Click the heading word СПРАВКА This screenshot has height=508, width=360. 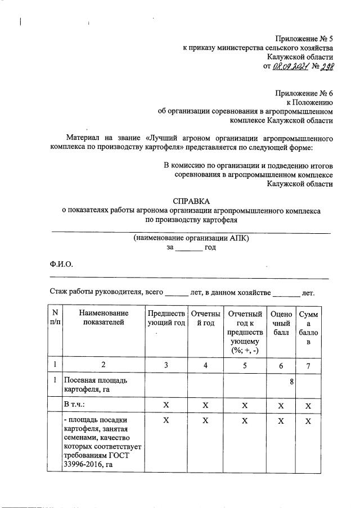click(191, 201)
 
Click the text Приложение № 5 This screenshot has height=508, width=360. click(304, 39)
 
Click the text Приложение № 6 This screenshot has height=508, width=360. click(304, 93)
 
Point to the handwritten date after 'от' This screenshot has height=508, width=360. click(291, 66)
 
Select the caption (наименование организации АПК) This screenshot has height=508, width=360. click(191, 238)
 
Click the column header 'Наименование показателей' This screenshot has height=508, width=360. click(103, 317)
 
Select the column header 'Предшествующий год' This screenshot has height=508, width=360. click(166, 317)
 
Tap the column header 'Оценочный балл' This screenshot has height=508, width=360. click(281, 323)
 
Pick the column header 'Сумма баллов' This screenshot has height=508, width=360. click(308, 328)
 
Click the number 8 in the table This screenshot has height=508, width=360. click(292, 382)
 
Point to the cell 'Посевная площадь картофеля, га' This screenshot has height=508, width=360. click(95, 385)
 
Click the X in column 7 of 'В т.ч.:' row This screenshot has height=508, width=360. click(308, 405)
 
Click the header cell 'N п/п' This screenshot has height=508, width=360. click(55, 317)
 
